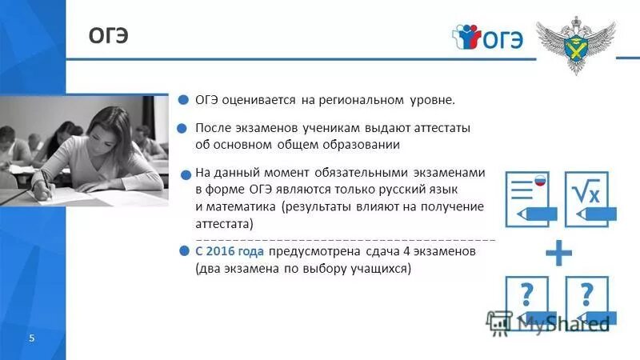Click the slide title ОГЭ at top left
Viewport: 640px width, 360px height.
click(x=108, y=37)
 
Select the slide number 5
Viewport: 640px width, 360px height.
click(x=31, y=338)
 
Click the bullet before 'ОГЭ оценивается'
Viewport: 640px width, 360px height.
click(x=182, y=101)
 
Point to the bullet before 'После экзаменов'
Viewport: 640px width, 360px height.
click(x=182, y=128)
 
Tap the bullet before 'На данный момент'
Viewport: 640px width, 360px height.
click(x=184, y=173)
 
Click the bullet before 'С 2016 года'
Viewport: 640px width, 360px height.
click(x=184, y=251)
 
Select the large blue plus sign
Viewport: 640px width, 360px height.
click(x=559, y=254)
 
